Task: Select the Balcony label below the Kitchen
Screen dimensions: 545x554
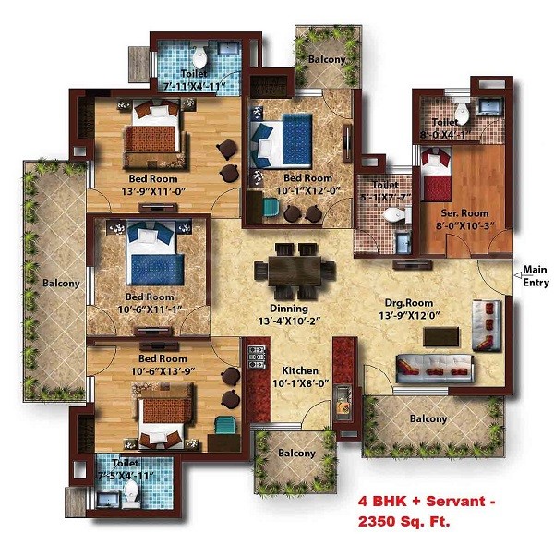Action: (294, 453)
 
